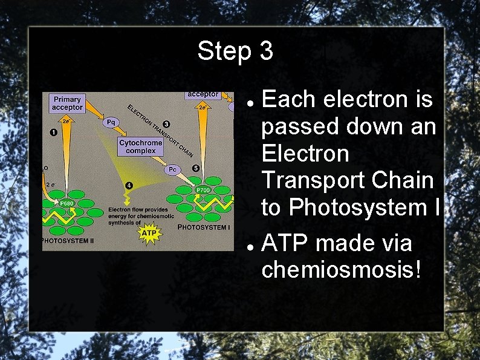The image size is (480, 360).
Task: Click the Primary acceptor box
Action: (67, 103)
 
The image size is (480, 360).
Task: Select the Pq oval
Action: (111, 123)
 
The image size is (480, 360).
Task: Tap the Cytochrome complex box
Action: (140, 146)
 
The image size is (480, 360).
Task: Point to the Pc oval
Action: (172, 170)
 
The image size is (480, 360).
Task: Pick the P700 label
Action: (203, 191)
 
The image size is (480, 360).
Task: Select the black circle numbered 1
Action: (54, 132)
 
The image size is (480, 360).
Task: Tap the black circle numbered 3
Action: (166, 124)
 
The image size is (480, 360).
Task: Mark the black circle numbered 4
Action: (129, 185)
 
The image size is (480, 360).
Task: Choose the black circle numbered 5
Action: (195, 168)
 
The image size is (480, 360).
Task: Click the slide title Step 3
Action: (235, 51)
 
